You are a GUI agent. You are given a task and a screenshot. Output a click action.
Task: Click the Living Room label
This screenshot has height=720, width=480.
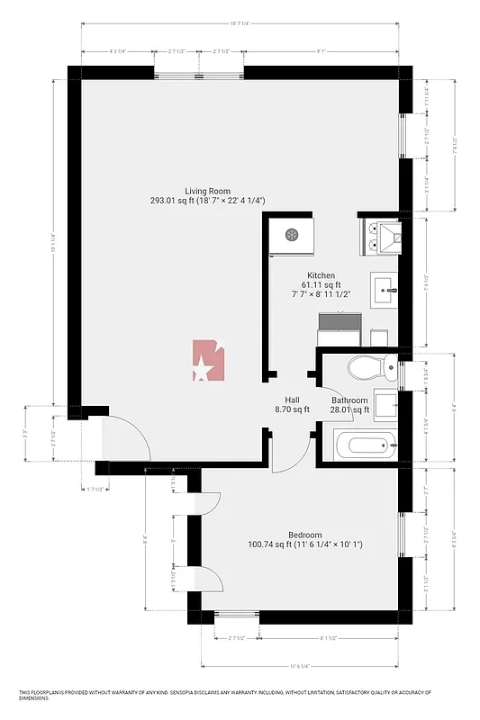coord(207,191)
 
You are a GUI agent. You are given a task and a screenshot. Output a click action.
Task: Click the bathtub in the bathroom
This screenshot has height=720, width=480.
coord(358,445)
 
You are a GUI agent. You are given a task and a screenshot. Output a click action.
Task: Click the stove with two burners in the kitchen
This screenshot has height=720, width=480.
coord(376,236)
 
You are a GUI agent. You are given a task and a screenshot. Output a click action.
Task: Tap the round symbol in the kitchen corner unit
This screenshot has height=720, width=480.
coord(292,235)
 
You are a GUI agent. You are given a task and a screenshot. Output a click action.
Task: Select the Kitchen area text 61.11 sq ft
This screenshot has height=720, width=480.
coord(322,284)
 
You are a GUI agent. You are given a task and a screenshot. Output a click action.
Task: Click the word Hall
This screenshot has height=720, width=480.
coord(292,400)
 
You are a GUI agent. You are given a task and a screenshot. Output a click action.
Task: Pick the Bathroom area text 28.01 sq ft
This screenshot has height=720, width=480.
coord(349,410)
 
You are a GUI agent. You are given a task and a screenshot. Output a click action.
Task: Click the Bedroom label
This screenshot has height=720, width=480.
coord(304,534)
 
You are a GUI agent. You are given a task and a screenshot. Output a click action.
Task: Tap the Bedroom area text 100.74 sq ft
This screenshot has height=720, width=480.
coord(304,544)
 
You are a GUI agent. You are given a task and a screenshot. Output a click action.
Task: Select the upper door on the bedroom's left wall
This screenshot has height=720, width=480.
coord(209,499)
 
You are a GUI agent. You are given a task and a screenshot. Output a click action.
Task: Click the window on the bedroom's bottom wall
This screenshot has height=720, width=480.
coord(237,617)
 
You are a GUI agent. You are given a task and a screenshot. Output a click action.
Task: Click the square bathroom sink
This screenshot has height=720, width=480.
coord(387,405)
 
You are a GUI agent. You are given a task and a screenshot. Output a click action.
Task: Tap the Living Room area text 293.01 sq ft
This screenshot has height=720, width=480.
coord(207,201)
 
